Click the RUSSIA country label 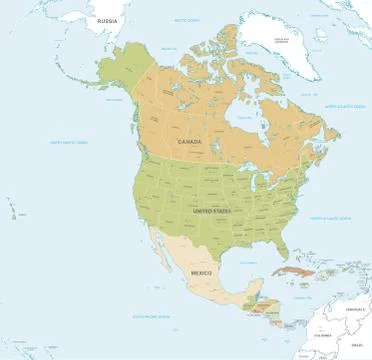108,22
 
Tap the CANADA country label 189,142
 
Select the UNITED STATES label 212,213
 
